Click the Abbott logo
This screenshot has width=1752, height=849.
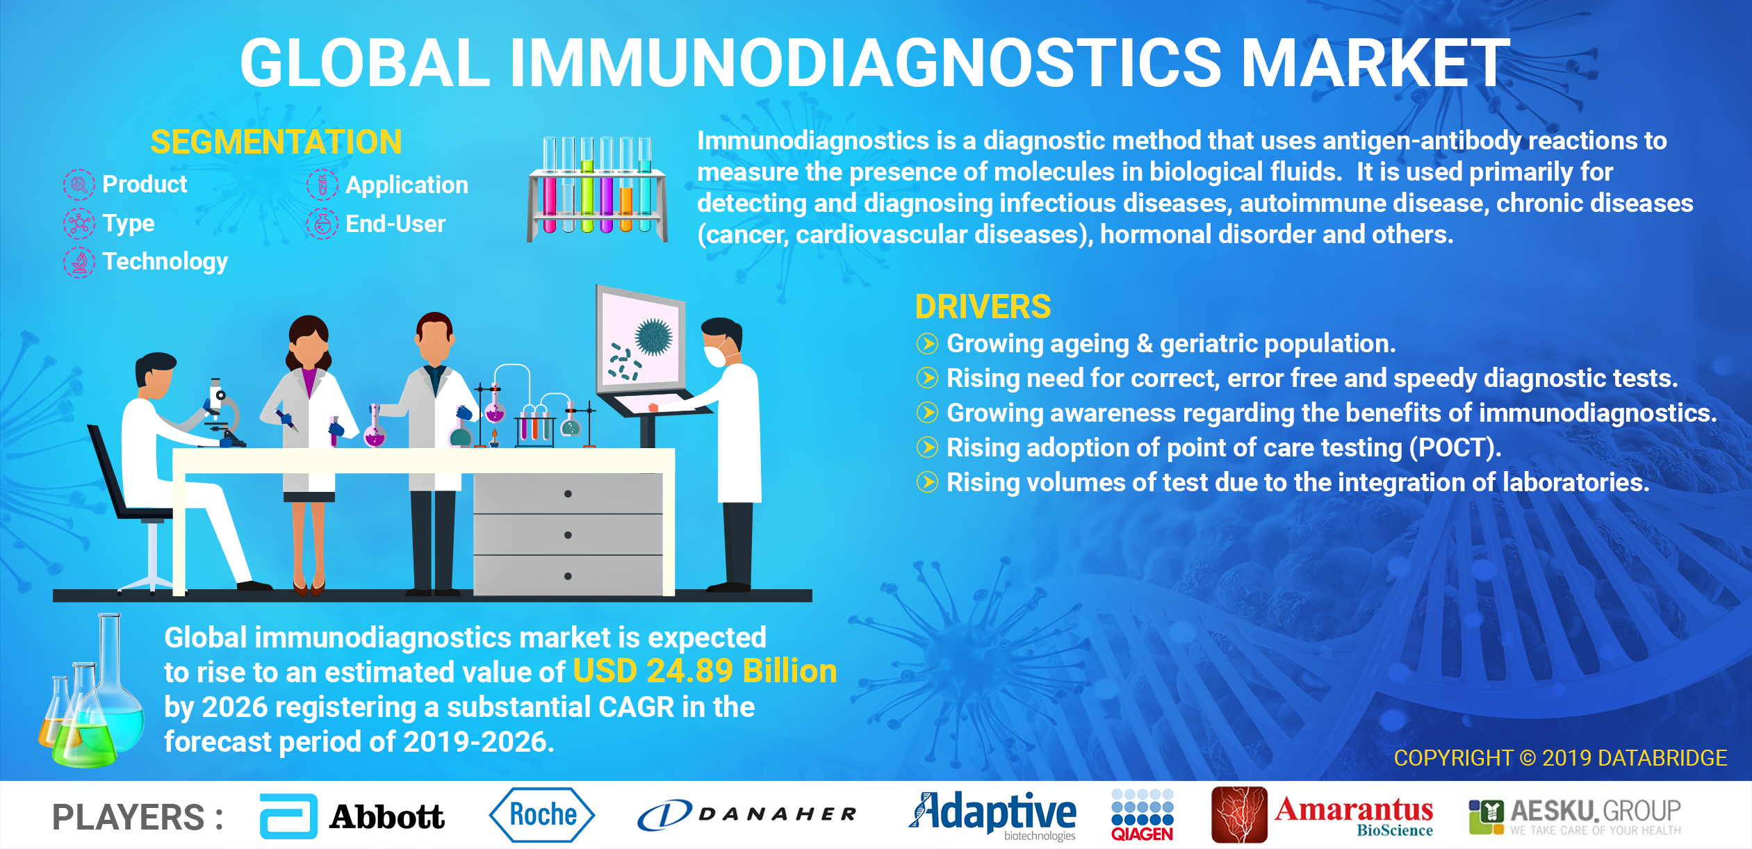pos(352,816)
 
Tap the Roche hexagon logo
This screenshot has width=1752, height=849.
pos(542,815)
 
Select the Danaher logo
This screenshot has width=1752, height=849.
pos(747,815)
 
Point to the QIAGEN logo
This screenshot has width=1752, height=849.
pos(1142,815)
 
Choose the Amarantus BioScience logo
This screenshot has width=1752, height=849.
pos(1322,815)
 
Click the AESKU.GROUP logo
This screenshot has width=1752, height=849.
pos(1574,816)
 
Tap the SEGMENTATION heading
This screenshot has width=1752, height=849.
pos(276,142)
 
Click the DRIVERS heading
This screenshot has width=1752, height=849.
pos(983,306)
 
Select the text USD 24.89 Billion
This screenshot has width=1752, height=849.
pos(705,671)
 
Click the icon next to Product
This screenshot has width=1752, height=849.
pos(79,185)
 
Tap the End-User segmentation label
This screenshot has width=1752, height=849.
pos(395,224)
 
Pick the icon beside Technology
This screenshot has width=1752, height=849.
pos(79,263)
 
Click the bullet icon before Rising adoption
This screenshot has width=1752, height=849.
pos(927,447)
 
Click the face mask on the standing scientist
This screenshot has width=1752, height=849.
pos(715,355)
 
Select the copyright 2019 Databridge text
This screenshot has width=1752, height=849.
pos(1560,757)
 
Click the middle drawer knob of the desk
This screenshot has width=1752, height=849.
pos(568,535)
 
